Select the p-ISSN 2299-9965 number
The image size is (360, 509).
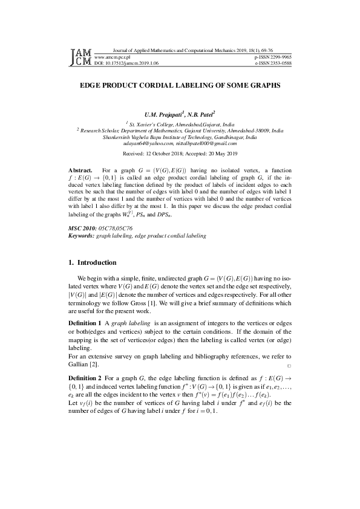point(273,55)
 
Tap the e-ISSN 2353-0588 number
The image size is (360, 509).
point(273,62)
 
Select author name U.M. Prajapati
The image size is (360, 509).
point(165,114)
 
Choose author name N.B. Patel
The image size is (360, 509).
point(202,114)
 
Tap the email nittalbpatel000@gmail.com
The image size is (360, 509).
point(207,144)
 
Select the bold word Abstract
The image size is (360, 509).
point(80,172)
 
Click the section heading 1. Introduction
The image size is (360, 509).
point(92,263)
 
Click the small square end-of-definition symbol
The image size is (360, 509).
point(289,366)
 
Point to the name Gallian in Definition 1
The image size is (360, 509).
point(79,365)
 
